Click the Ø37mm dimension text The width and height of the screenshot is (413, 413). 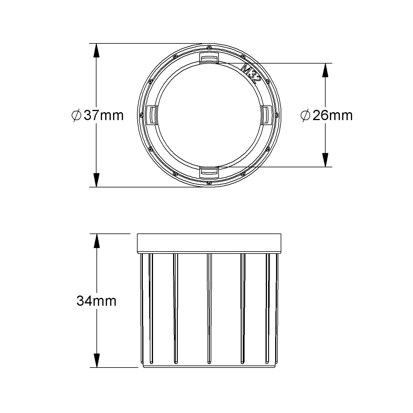click(98, 115)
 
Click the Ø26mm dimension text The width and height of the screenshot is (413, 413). click(327, 115)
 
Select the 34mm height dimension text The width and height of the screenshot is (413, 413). click(96, 300)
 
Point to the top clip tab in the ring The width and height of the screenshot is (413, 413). click(209, 58)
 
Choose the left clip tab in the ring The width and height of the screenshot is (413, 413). click(152, 115)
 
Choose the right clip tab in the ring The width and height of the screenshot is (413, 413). click(266, 115)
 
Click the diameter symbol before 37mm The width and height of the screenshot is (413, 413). click(76, 115)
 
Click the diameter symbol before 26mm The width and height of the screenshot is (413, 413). click(305, 115)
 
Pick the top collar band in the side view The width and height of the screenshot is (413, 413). click(209, 242)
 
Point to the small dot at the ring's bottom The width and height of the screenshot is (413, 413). click(209, 183)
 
